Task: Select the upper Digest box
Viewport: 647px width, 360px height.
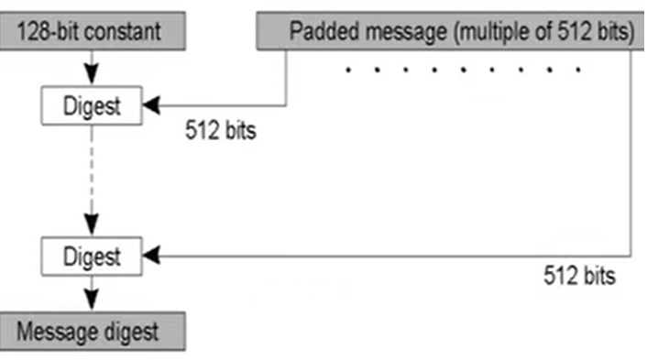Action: point(91,106)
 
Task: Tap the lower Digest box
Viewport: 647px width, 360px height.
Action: point(91,256)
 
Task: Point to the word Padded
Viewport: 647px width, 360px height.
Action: point(323,31)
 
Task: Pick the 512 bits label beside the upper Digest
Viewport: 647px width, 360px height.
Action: point(220,131)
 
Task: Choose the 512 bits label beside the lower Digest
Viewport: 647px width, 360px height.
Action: point(578,275)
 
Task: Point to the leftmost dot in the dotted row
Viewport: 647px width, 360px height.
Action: point(349,69)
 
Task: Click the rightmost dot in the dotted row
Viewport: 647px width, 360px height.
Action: point(578,69)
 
